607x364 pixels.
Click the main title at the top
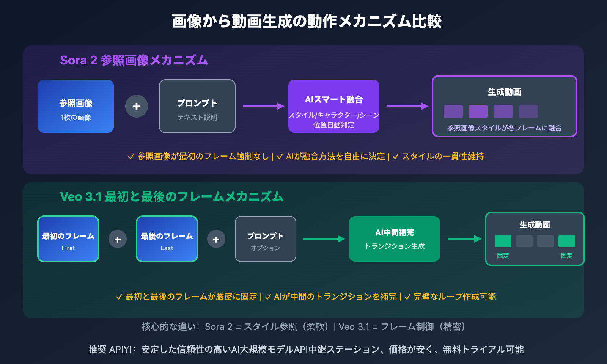click(307, 21)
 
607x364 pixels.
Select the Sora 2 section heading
click(134, 60)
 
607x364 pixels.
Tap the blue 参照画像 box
click(76, 106)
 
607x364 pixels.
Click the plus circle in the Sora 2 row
click(137, 106)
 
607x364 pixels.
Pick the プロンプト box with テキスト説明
click(197, 106)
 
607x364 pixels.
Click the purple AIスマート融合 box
click(334, 106)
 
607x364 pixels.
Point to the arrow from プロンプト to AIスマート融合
click(263, 106)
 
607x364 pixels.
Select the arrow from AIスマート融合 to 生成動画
click(407, 106)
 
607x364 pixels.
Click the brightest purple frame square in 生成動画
click(478, 111)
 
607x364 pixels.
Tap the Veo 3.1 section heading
click(171, 197)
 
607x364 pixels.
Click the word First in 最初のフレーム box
click(68, 248)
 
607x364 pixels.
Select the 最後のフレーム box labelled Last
click(167, 239)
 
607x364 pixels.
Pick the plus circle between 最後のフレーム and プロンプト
click(216, 239)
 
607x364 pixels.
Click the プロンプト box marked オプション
click(266, 239)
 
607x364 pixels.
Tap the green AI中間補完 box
click(395, 239)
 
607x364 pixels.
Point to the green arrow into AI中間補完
click(324, 239)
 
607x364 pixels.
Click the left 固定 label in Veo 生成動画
click(503, 256)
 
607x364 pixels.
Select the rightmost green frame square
click(566, 241)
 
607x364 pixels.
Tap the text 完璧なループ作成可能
click(454, 297)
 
